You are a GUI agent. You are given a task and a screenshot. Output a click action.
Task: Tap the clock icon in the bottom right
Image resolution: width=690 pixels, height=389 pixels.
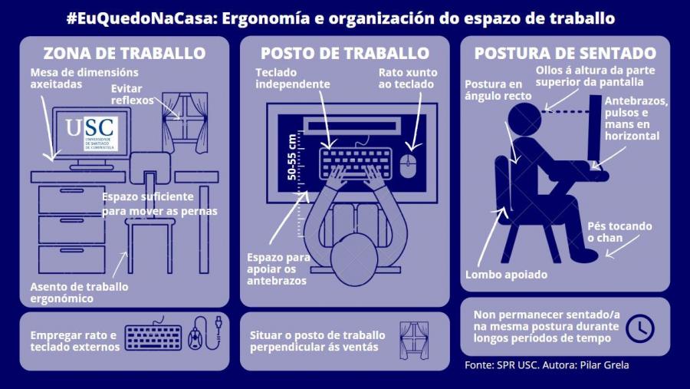click(639, 328)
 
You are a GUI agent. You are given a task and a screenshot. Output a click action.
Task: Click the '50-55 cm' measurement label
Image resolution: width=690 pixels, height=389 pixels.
click(292, 157)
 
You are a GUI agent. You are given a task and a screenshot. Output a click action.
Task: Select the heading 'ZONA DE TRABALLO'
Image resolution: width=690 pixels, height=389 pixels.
click(124, 54)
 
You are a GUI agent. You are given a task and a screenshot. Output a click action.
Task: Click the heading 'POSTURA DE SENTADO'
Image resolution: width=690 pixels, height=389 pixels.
click(565, 54)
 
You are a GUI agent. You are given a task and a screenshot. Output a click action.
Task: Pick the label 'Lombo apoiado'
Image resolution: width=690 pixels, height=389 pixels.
click(506, 274)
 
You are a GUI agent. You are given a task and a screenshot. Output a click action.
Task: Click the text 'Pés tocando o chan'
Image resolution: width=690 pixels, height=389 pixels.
click(619, 232)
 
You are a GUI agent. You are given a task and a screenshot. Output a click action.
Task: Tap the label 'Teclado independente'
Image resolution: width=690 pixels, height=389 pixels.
click(292, 78)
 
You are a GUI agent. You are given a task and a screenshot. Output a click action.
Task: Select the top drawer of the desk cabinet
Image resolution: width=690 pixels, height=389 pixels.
click(71, 199)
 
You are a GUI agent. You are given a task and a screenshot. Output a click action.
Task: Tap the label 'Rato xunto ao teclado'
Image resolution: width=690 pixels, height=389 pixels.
click(407, 78)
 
